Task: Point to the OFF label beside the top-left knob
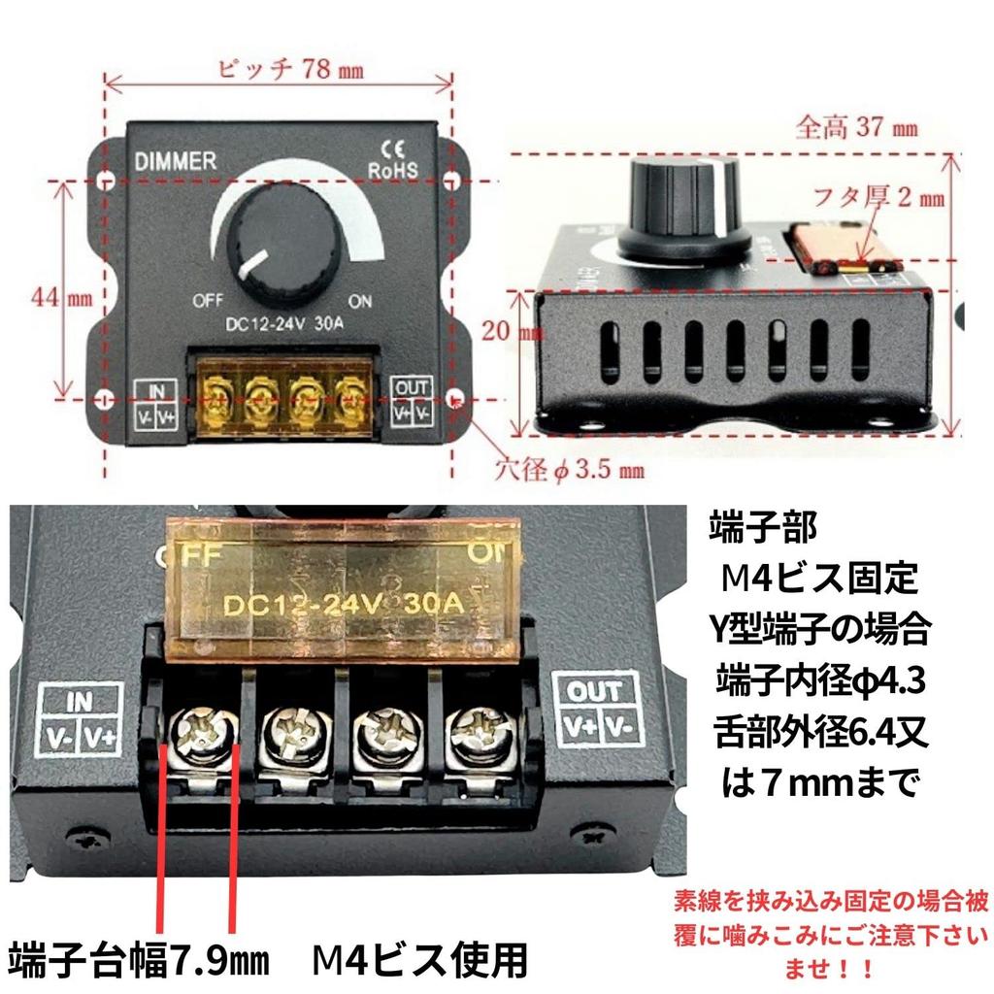[209, 299]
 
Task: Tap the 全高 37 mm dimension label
[855, 128]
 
